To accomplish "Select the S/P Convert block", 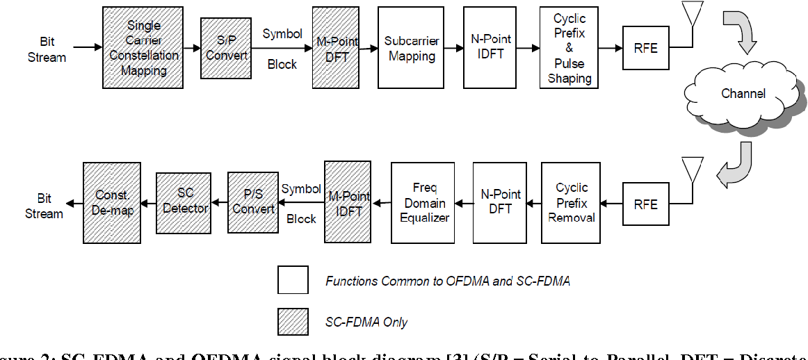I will pos(226,47).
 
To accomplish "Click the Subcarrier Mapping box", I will pos(411,47).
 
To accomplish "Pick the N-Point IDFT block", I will pos(491,47).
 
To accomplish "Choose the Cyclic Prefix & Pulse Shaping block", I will pos(569,47).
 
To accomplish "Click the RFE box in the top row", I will pos(645,47).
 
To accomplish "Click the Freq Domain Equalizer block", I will pos(423,203).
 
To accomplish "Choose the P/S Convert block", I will pos(253,203).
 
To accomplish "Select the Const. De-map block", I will pos(112,203).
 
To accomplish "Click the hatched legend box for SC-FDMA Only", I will pos(293,321).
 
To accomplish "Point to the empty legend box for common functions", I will pos(293,281).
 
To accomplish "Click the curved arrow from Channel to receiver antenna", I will pos(737,163).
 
